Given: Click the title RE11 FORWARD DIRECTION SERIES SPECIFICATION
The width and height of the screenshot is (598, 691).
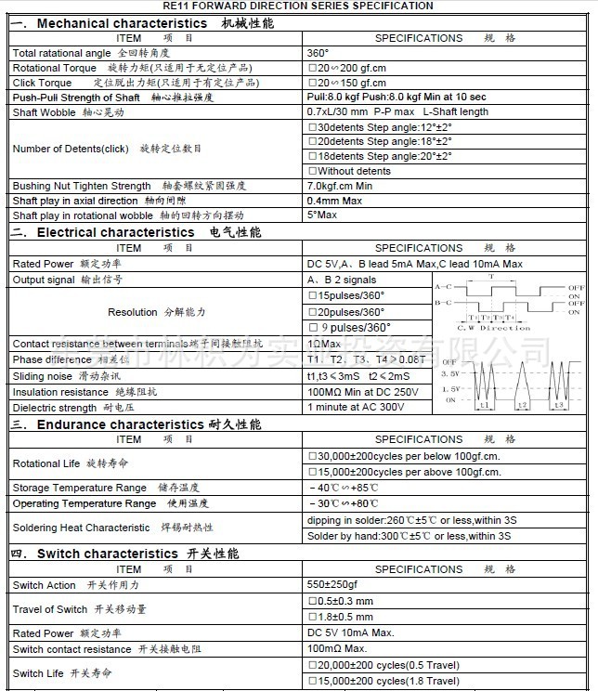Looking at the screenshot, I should click(x=299, y=6).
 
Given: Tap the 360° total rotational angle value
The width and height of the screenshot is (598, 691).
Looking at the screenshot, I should click(x=318, y=53).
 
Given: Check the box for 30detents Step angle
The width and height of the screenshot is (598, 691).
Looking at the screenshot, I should click(x=312, y=127).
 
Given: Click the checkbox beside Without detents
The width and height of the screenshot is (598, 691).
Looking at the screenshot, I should click(x=312, y=171).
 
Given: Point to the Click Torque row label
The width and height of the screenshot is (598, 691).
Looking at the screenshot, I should click(x=42, y=83).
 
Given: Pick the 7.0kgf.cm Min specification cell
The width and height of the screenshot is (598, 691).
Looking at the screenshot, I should click(x=339, y=186).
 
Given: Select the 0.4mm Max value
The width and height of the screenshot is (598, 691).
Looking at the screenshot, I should click(x=334, y=201).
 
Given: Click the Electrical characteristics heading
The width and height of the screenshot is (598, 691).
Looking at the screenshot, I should click(x=115, y=232).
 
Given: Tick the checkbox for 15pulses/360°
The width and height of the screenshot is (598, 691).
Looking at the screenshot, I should click(x=312, y=296).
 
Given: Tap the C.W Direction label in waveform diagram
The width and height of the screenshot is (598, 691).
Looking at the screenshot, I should click(x=495, y=328).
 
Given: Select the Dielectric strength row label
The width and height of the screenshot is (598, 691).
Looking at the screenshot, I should click(x=54, y=408).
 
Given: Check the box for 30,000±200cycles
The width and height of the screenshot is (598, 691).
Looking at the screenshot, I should click(x=312, y=456).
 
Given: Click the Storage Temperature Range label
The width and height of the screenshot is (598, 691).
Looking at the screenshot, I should click(x=80, y=488).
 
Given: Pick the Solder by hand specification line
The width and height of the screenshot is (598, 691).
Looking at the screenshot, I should click(x=409, y=536).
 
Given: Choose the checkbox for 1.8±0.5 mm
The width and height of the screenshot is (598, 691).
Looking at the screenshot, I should click(x=312, y=617).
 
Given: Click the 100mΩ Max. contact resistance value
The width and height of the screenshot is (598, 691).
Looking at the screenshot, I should click(x=337, y=648).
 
